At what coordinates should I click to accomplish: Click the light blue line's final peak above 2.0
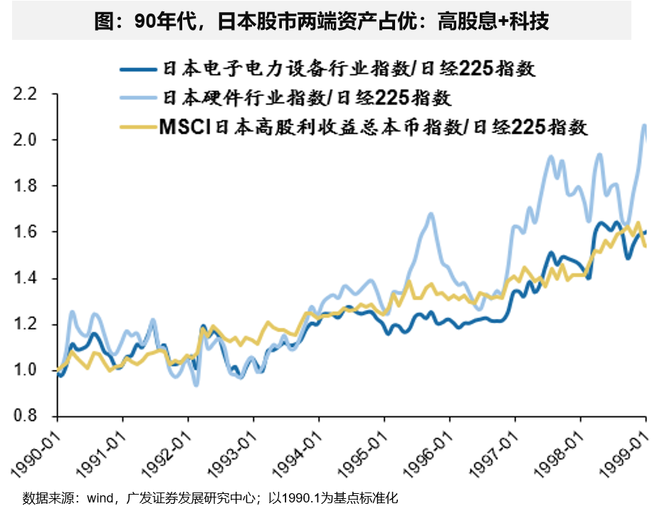644,126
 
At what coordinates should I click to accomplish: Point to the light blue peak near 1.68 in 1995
431,214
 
